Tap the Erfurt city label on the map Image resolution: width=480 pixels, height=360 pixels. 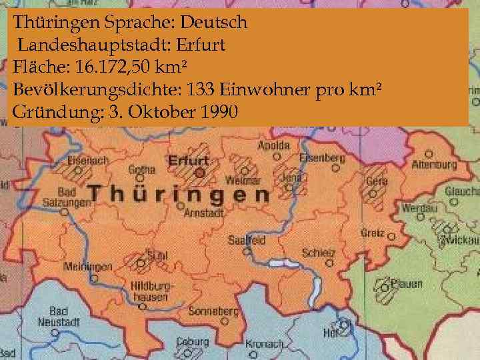(x=189, y=161)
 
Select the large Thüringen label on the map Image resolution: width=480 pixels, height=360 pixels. (x=179, y=194)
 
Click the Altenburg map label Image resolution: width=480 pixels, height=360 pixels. (x=434, y=164)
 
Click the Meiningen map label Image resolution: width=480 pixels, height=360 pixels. (x=88, y=267)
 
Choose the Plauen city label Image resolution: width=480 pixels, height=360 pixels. (x=406, y=284)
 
